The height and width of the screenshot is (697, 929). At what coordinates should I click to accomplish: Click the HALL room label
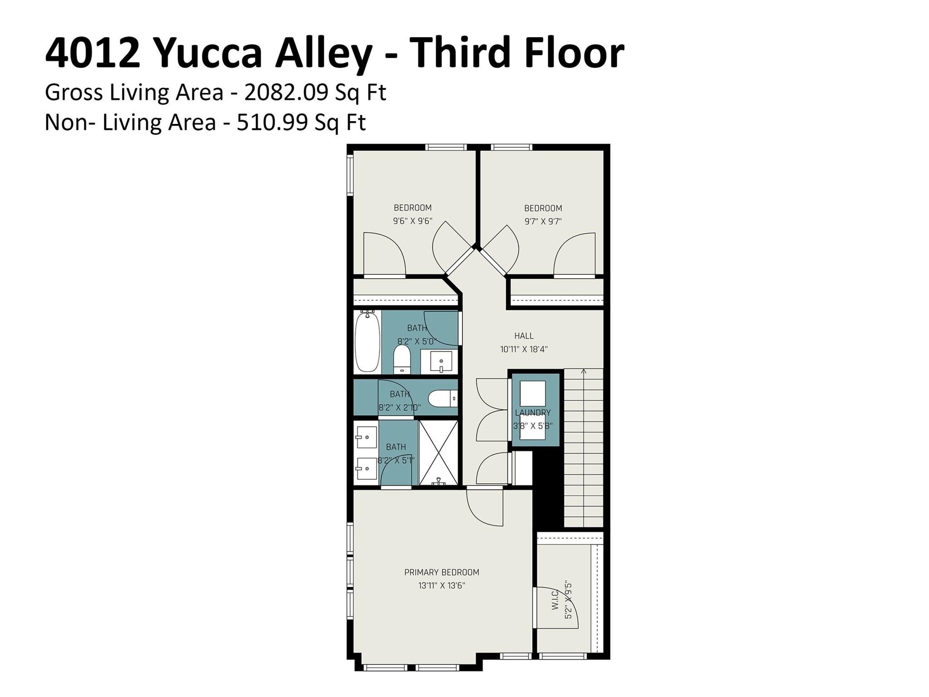pyautogui.click(x=523, y=336)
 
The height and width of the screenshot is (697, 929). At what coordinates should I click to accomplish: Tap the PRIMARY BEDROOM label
pyautogui.click(x=441, y=572)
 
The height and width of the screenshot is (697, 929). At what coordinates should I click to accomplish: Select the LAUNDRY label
pyautogui.click(x=533, y=412)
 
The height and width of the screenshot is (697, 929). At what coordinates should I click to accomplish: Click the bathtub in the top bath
pyautogui.click(x=367, y=342)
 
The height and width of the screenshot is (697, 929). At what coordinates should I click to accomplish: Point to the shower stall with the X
pyautogui.click(x=438, y=452)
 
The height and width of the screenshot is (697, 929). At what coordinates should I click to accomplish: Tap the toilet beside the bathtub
pyautogui.click(x=401, y=358)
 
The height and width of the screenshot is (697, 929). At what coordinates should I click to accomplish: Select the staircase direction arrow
pyautogui.click(x=583, y=372)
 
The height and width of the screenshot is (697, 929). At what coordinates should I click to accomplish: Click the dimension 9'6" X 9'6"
pyautogui.click(x=412, y=221)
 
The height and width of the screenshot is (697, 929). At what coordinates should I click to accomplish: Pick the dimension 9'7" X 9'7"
pyautogui.click(x=543, y=222)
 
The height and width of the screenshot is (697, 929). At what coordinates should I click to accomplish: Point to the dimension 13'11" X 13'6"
pyautogui.click(x=441, y=586)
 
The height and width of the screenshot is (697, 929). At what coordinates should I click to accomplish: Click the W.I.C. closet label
pyautogui.click(x=555, y=599)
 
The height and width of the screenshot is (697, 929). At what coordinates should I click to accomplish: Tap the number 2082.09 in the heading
pyautogui.click(x=286, y=93)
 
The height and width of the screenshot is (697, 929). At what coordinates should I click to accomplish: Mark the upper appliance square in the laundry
pyautogui.click(x=532, y=393)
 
